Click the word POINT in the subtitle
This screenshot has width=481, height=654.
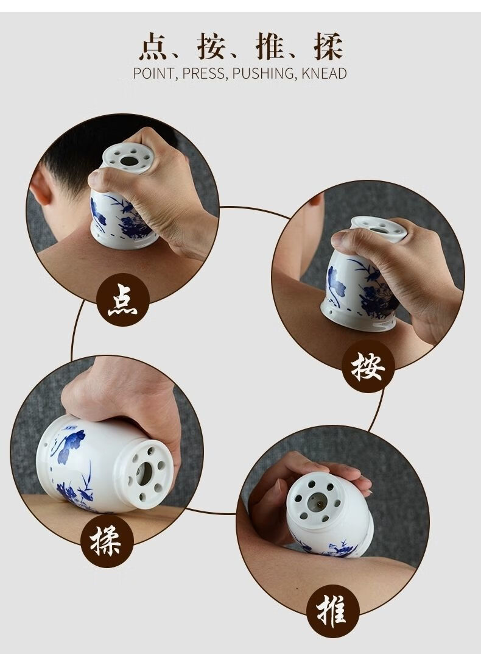pos(155,74)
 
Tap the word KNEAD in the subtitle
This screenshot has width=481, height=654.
pos(324,74)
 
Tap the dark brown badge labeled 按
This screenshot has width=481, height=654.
pos(368,366)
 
